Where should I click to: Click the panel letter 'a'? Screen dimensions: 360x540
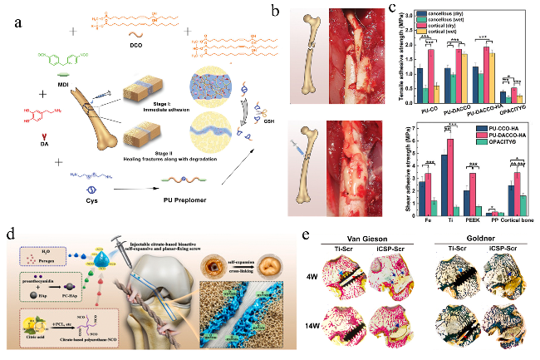point(17,19)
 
